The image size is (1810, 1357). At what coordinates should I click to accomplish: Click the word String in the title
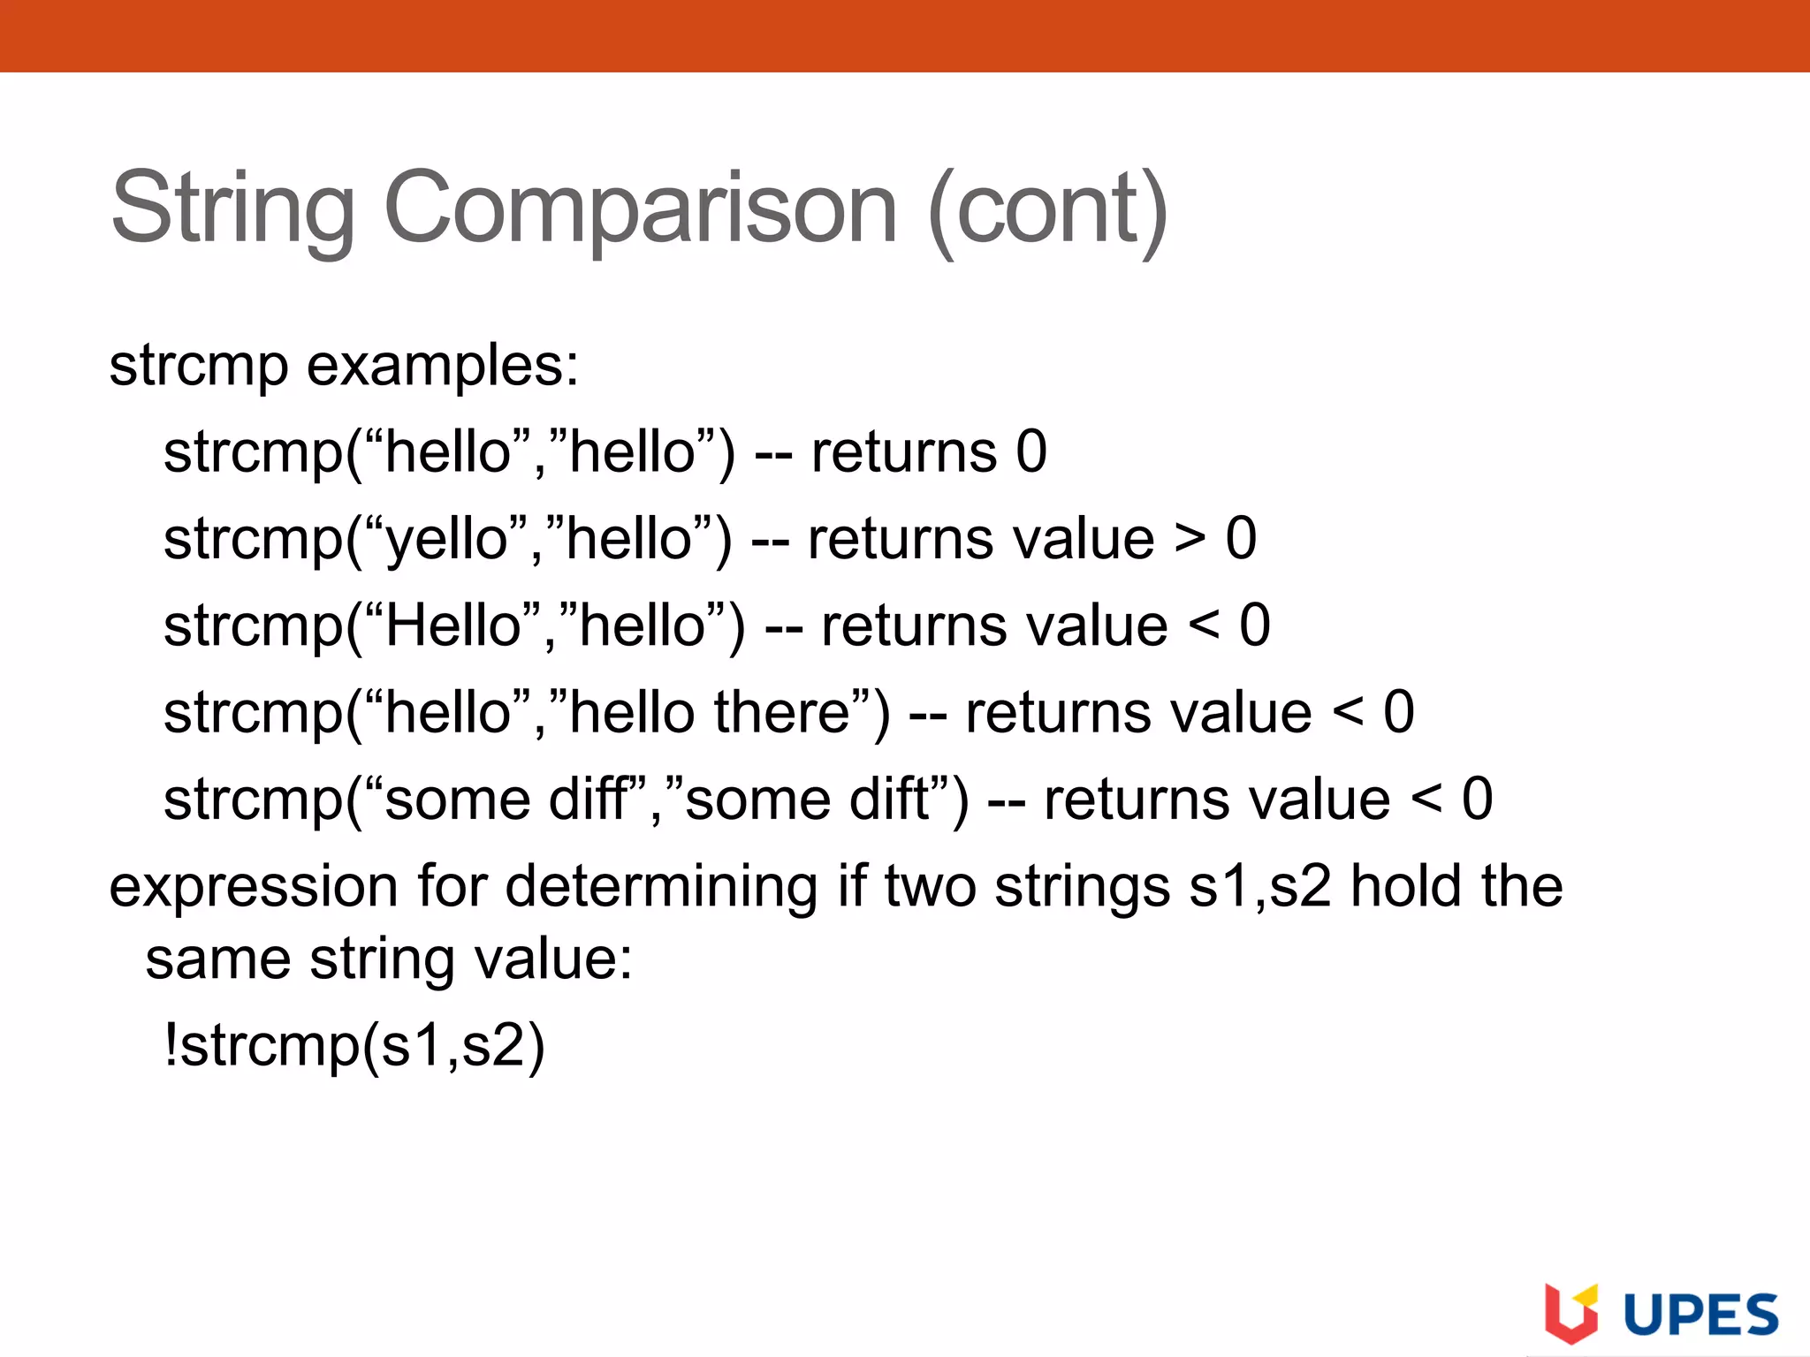232,208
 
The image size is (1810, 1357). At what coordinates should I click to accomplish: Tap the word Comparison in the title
641,208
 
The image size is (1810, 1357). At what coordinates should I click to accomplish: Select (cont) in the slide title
1048,208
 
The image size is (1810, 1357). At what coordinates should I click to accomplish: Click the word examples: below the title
442,366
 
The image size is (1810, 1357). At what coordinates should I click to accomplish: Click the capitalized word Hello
452,625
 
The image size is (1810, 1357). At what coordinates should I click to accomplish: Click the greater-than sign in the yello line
1190,539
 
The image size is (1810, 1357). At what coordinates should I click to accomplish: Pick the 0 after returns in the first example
1031,452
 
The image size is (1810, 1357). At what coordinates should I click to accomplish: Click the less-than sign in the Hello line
1204,625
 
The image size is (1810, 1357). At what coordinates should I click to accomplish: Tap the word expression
253,887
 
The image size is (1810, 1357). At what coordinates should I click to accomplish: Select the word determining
661,887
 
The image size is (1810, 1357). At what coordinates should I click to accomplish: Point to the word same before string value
217,959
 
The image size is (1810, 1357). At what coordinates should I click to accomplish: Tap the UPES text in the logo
1700,1315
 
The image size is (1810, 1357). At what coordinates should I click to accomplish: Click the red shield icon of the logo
1570,1314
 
